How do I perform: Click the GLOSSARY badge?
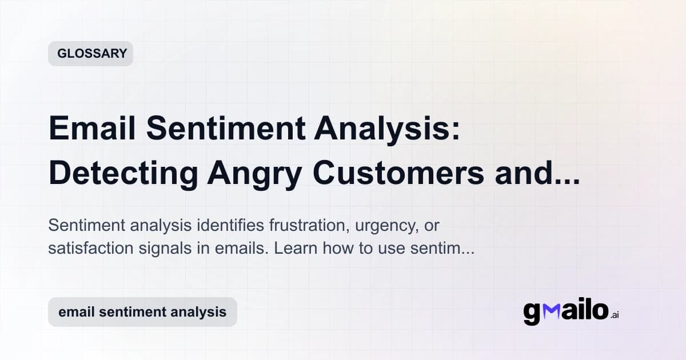pyautogui.click(x=91, y=54)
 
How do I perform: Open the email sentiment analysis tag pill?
pyautogui.click(x=142, y=312)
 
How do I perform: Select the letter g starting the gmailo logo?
pyautogui.click(x=532, y=313)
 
